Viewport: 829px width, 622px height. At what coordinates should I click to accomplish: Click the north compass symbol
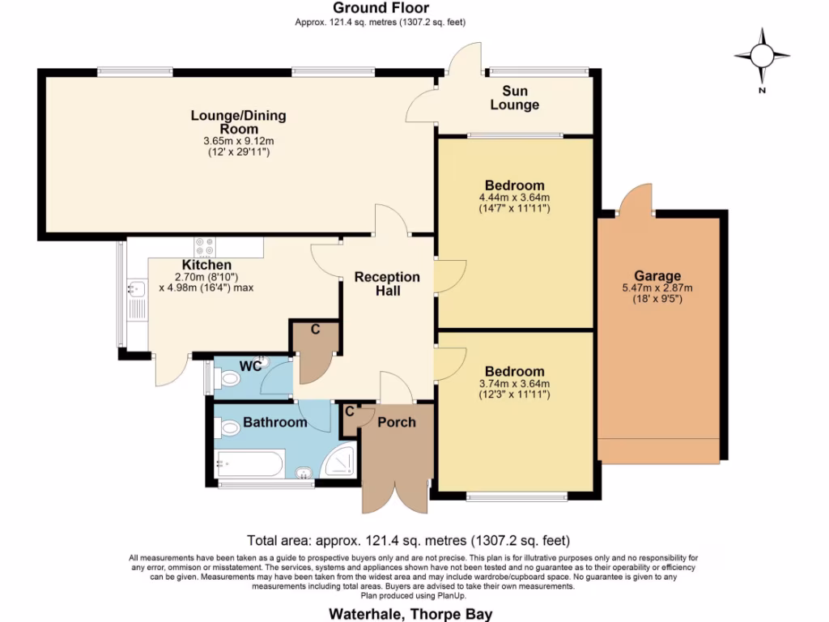pos(762,56)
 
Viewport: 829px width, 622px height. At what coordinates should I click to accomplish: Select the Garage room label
pos(657,275)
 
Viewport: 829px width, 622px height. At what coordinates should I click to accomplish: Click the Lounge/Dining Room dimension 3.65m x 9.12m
pos(238,141)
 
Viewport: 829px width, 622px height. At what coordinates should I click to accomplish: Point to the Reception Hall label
pos(387,283)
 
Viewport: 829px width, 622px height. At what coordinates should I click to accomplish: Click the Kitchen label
pos(206,265)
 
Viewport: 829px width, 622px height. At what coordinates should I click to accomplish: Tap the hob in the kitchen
pos(204,245)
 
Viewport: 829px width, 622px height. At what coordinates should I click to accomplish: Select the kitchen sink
pos(134,288)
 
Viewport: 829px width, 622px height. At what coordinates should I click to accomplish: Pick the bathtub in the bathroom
pos(249,465)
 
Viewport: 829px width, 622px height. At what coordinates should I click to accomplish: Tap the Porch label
pos(397,422)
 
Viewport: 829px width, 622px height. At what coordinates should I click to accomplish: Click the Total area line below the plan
pos(409,540)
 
